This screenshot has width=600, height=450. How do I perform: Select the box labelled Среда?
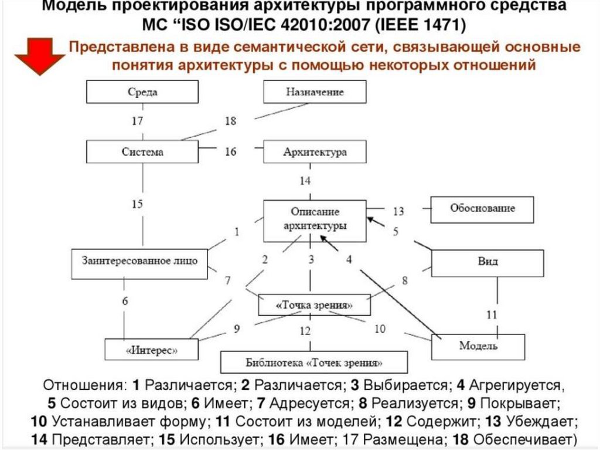point(143,92)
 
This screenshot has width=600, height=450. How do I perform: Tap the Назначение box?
point(315,92)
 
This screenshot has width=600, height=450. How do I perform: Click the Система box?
point(143,151)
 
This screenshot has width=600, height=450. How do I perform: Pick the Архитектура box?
point(315,152)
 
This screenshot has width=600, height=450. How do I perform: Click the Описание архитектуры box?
point(315,221)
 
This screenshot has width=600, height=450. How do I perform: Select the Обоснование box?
point(482,209)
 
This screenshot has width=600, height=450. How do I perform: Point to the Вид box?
point(487,262)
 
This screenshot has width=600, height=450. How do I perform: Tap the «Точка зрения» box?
point(315,305)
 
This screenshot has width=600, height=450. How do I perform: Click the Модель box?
point(478,346)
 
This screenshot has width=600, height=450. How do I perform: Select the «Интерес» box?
point(151,350)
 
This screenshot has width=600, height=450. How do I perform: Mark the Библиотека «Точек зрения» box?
point(305,362)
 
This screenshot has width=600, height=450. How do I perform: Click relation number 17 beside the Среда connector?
point(137,121)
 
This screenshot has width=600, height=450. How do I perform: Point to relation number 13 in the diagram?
point(398,211)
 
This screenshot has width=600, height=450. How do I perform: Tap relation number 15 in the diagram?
point(137,204)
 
